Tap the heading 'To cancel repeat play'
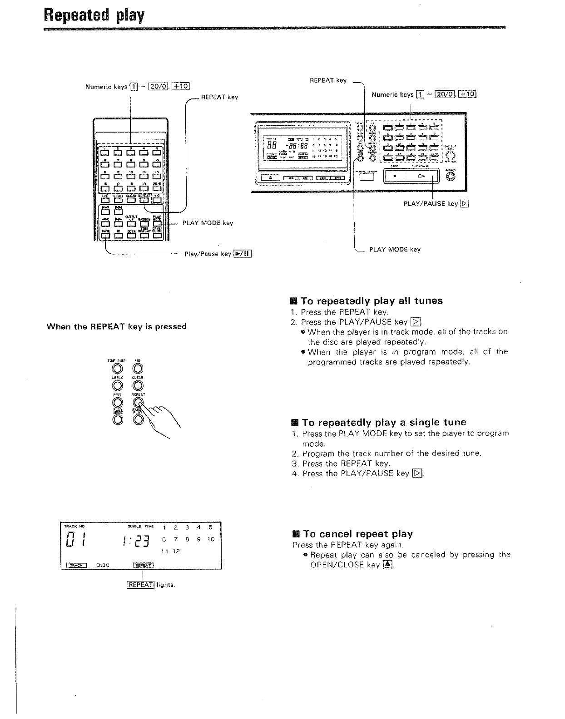coord(358,534)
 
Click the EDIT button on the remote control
coord(105,199)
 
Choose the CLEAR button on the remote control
coord(131,199)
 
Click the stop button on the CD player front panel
coord(395,175)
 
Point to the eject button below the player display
coord(270,177)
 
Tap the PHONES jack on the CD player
coord(450,177)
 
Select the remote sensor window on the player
coord(366,176)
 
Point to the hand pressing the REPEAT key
coord(159,415)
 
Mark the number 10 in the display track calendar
coord(211,539)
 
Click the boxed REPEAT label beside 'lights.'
coord(140,585)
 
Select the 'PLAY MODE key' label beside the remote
coord(208,223)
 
